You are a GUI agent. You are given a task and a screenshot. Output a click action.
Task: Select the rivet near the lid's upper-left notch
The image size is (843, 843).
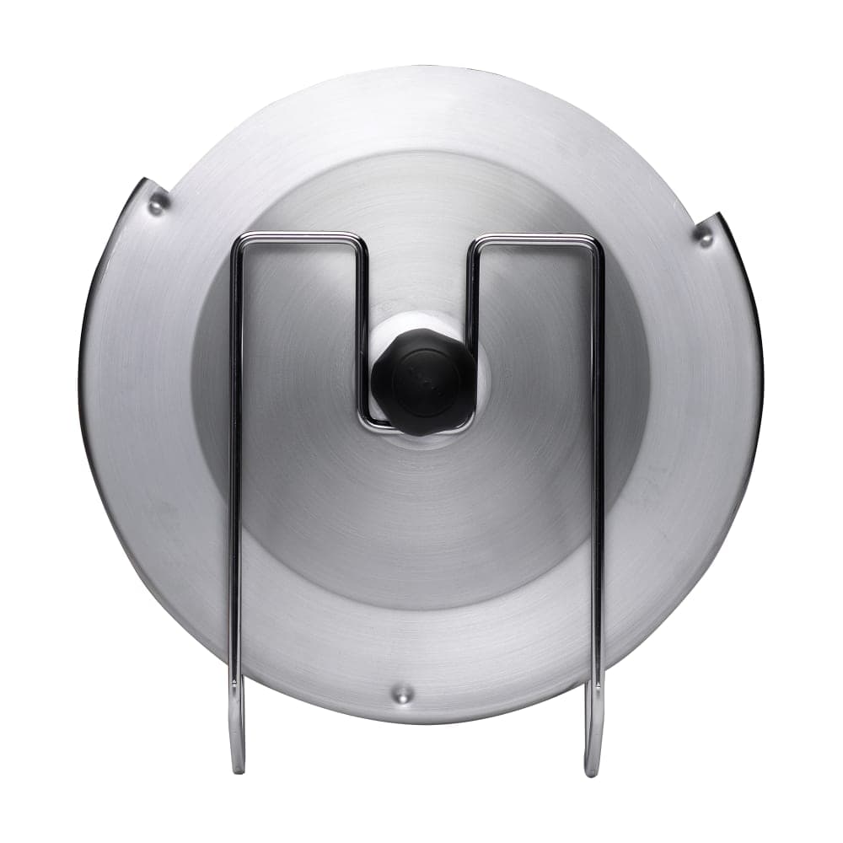[x=156, y=202]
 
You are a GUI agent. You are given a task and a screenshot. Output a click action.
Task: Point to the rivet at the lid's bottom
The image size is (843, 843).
[x=404, y=695]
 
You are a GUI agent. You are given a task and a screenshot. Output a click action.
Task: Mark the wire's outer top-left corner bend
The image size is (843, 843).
[x=240, y=241]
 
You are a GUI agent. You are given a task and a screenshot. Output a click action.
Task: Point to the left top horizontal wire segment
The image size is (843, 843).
[x=299, y=236]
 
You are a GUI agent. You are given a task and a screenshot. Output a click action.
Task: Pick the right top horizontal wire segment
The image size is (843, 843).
[x=535, y=239]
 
